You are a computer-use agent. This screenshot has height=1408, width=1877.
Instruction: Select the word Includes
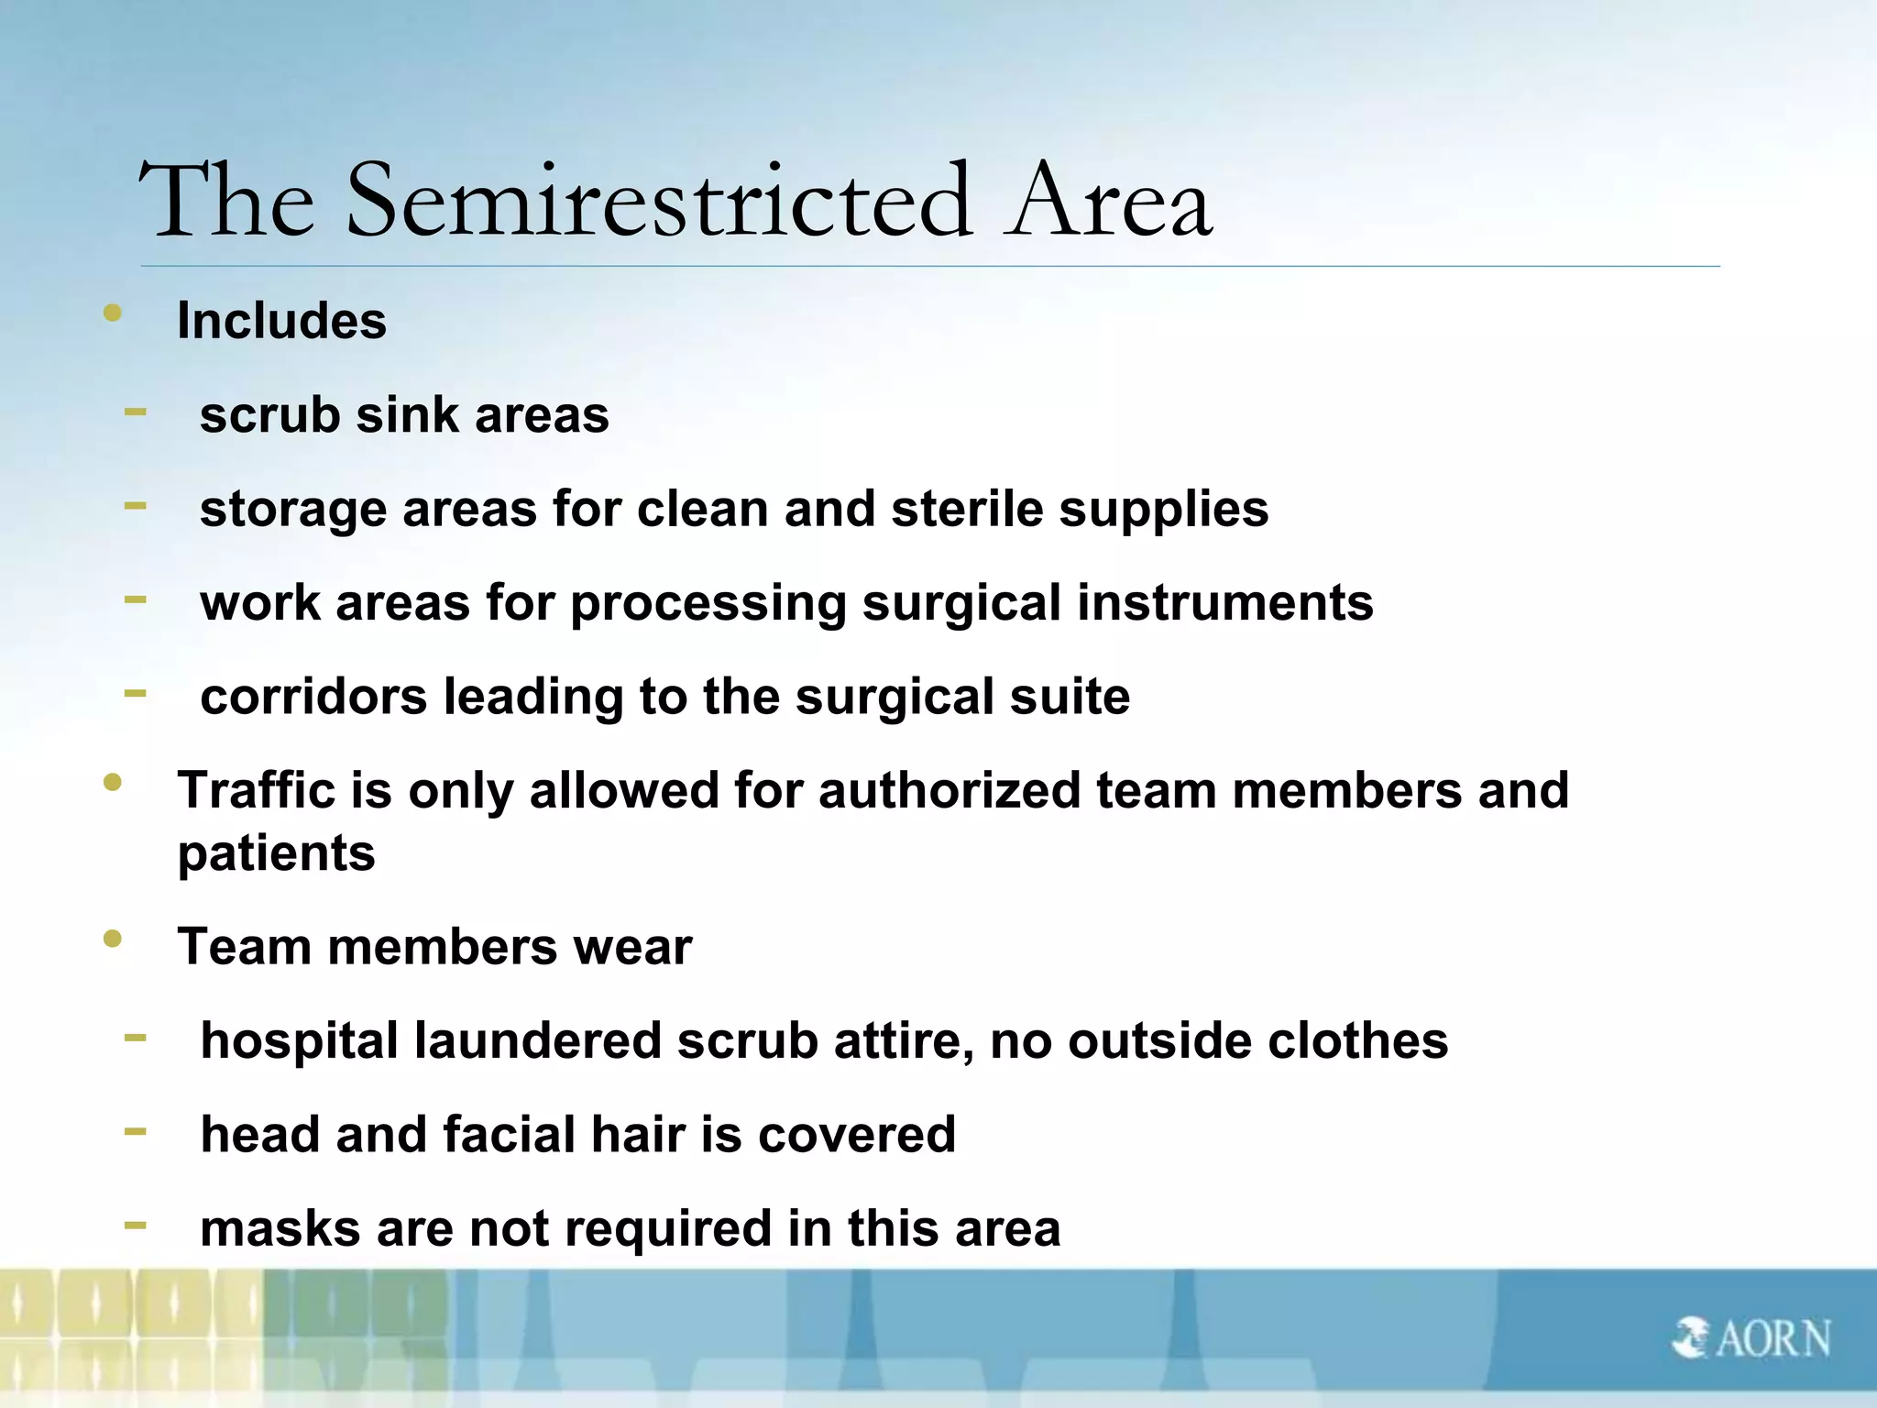pyautogui.click(x=281, y=321)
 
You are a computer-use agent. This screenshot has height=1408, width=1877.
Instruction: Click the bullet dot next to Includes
pyautogui.click(x=113, y=313)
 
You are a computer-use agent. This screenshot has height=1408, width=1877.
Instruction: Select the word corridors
pyautogui.click(x=313, y=697)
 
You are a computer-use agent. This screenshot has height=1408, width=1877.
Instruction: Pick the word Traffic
pyautogui.click(x=257, y=790)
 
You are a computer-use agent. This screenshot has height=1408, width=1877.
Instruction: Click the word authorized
pyautogui.click(x=949, y=790)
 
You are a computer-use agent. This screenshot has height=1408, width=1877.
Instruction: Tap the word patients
pyautogui.click(x=276, y=854)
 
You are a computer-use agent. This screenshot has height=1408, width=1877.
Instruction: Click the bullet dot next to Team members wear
pyautogui.click(x=113, y=940)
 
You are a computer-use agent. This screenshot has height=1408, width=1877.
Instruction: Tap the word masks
pyautogui.click(x=280, y=1229)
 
